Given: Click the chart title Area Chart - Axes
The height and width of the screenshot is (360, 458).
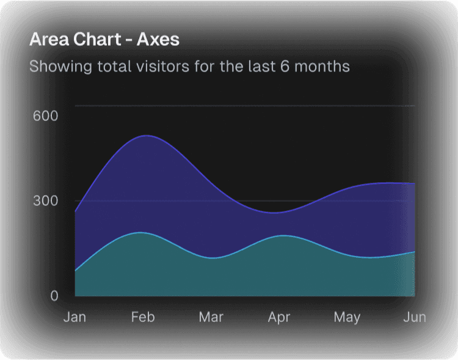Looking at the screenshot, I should pyautogui.click(x=104, y=40).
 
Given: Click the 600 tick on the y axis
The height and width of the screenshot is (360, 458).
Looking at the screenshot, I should pyautogui.click(x=45, y=116).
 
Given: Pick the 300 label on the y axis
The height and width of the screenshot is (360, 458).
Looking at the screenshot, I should pyautogui.click(x=45, y=201).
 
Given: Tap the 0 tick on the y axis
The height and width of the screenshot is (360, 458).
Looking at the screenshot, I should pyautogui.click(x=54, y=296).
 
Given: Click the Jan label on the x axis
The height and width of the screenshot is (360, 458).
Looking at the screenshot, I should pyautogui.click(x=75, y=317).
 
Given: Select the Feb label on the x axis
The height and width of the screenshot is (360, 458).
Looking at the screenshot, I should pyautogui.click(x=143, y=317).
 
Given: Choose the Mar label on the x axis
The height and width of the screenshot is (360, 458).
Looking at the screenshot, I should pyautogui.click(x=211, y=317).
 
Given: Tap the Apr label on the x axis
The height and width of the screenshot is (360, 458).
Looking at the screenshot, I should pyautogui.click(x=279, y=317).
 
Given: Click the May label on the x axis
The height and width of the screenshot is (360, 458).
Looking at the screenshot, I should pyautogui.click(x=347, y=317).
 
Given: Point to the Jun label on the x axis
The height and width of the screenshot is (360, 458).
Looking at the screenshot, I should pyautogui.click(x=415, y=317).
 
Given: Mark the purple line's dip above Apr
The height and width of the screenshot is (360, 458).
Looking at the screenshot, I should pyautogui.click(x=276, y=213).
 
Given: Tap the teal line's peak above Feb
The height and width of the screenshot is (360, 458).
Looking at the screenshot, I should pyautogui.click(x=141, y=232).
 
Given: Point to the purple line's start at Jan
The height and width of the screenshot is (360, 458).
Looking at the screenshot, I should pyautogui.click(x=75, y=211).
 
